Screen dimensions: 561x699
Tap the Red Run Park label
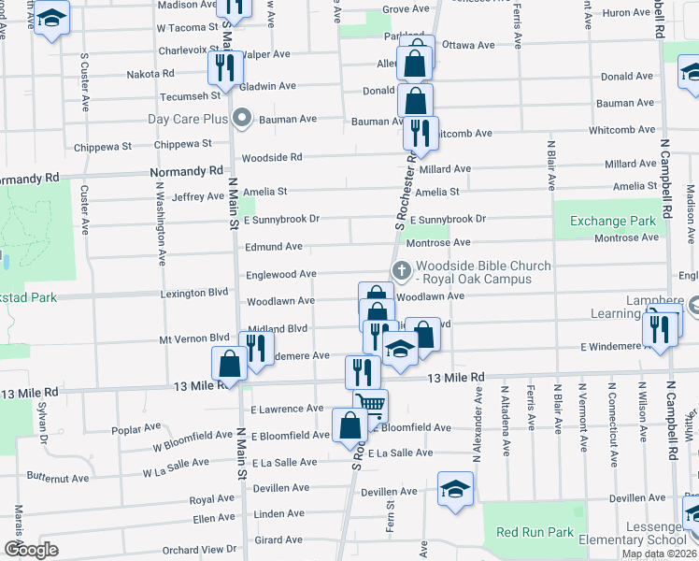[x=535, y=532]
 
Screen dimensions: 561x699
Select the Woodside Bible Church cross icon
[x=403, y=272]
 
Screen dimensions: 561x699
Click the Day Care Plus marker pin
[x=242, y=119]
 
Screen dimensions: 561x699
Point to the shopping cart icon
[x=371, y=405]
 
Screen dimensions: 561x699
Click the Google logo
[x=31, y=549]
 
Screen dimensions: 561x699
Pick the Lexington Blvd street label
[x=199, y=293]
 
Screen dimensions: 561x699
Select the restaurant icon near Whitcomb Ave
[x=421, y=132]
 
